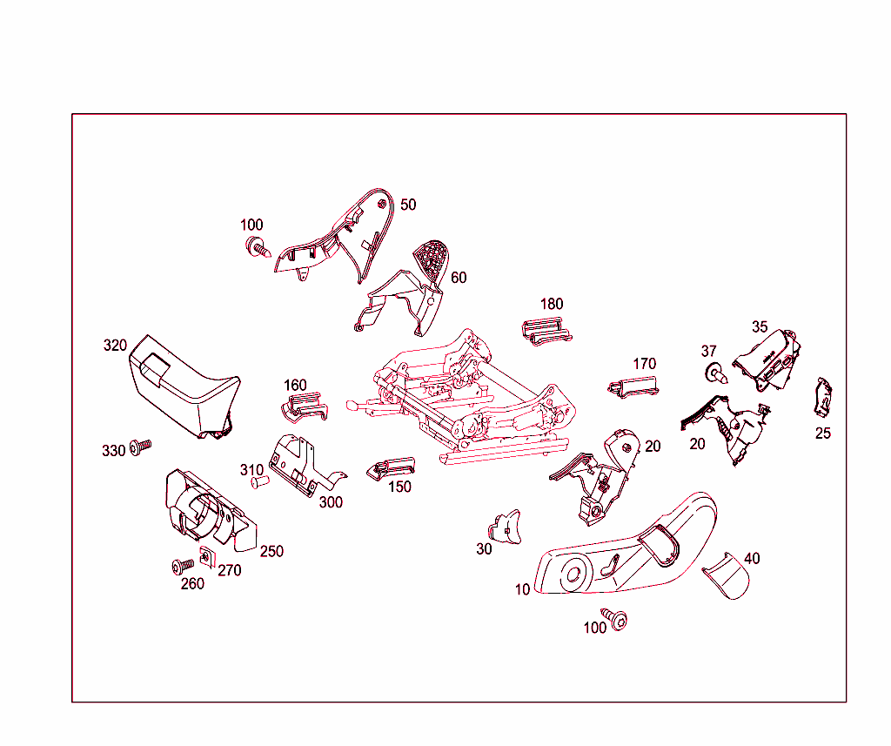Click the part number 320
pos(115,345)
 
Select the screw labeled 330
pos(140,447)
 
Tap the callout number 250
pos(271,551)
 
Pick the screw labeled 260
pos(183,566)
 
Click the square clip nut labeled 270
pos(207,557)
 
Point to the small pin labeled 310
pos(259,482)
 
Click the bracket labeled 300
pos(304,465)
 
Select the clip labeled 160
pos(305,407)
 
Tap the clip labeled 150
pos(391,468)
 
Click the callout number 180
pos(551,304)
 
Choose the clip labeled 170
pos(633,386)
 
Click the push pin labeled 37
pos(716,374)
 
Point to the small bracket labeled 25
pos(822,397)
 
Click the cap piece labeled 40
pos(727,575)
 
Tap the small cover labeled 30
pos(506,528)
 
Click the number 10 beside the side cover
pos(522,589)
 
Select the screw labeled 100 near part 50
pos(258,247)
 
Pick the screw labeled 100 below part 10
pos(614,618)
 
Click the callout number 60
pos(459,278)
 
